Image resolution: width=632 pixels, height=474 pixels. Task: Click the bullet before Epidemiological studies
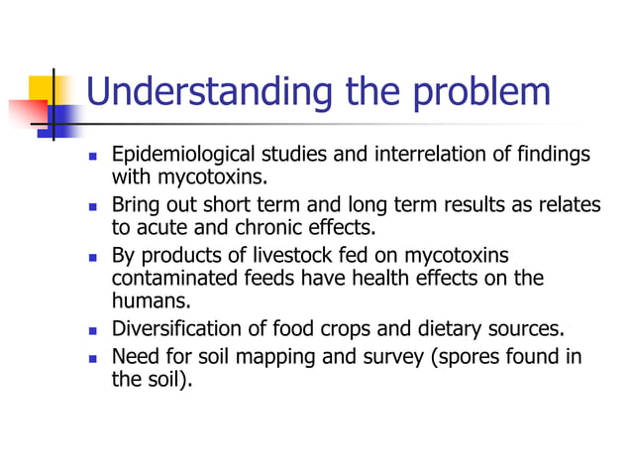(x=93, y=157)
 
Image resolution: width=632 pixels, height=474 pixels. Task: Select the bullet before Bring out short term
(x=93, y=204)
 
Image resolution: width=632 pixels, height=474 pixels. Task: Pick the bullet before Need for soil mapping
(x=93, y=357)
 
